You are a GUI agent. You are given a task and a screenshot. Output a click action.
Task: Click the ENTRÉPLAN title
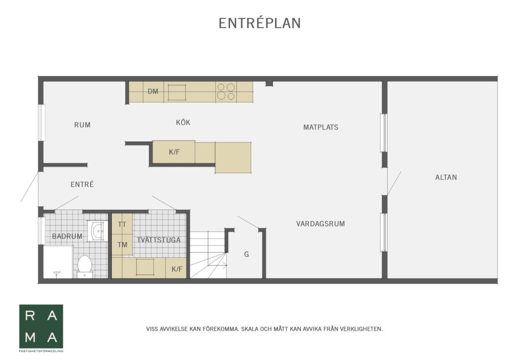coord(260,23)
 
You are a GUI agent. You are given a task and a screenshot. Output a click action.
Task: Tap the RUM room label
coord(82,125)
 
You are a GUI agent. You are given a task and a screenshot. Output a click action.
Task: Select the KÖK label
coord(183,122)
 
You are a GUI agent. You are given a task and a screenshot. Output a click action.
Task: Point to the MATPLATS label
coord(321,127)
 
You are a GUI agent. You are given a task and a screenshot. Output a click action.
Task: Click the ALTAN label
coord(446,177)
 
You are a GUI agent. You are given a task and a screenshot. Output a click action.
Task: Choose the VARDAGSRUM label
coord(321,224)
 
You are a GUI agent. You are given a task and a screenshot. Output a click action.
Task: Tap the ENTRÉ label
coord(82,184)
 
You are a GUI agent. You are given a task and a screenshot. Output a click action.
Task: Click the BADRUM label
coord(67,236)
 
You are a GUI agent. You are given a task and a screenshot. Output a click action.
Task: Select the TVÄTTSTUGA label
coord(159,240)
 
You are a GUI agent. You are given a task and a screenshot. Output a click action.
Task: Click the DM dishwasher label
coord(153,91)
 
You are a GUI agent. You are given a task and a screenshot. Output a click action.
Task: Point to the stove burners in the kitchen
coord(226,91)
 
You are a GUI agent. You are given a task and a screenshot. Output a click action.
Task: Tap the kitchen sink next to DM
coord(177,92)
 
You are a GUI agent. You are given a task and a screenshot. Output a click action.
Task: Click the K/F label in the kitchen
coord(174,152)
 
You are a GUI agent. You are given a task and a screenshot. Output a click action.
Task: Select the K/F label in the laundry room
coord(177,269)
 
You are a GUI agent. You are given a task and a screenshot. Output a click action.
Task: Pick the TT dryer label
coord(122,225)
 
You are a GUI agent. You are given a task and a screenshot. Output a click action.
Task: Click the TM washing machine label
coord(122,245)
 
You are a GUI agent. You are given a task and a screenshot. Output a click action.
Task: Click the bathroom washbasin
coord(97,231)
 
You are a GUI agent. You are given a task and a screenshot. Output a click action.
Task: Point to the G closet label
coord(247,254)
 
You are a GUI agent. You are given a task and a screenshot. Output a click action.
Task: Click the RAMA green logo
coord(41,327)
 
